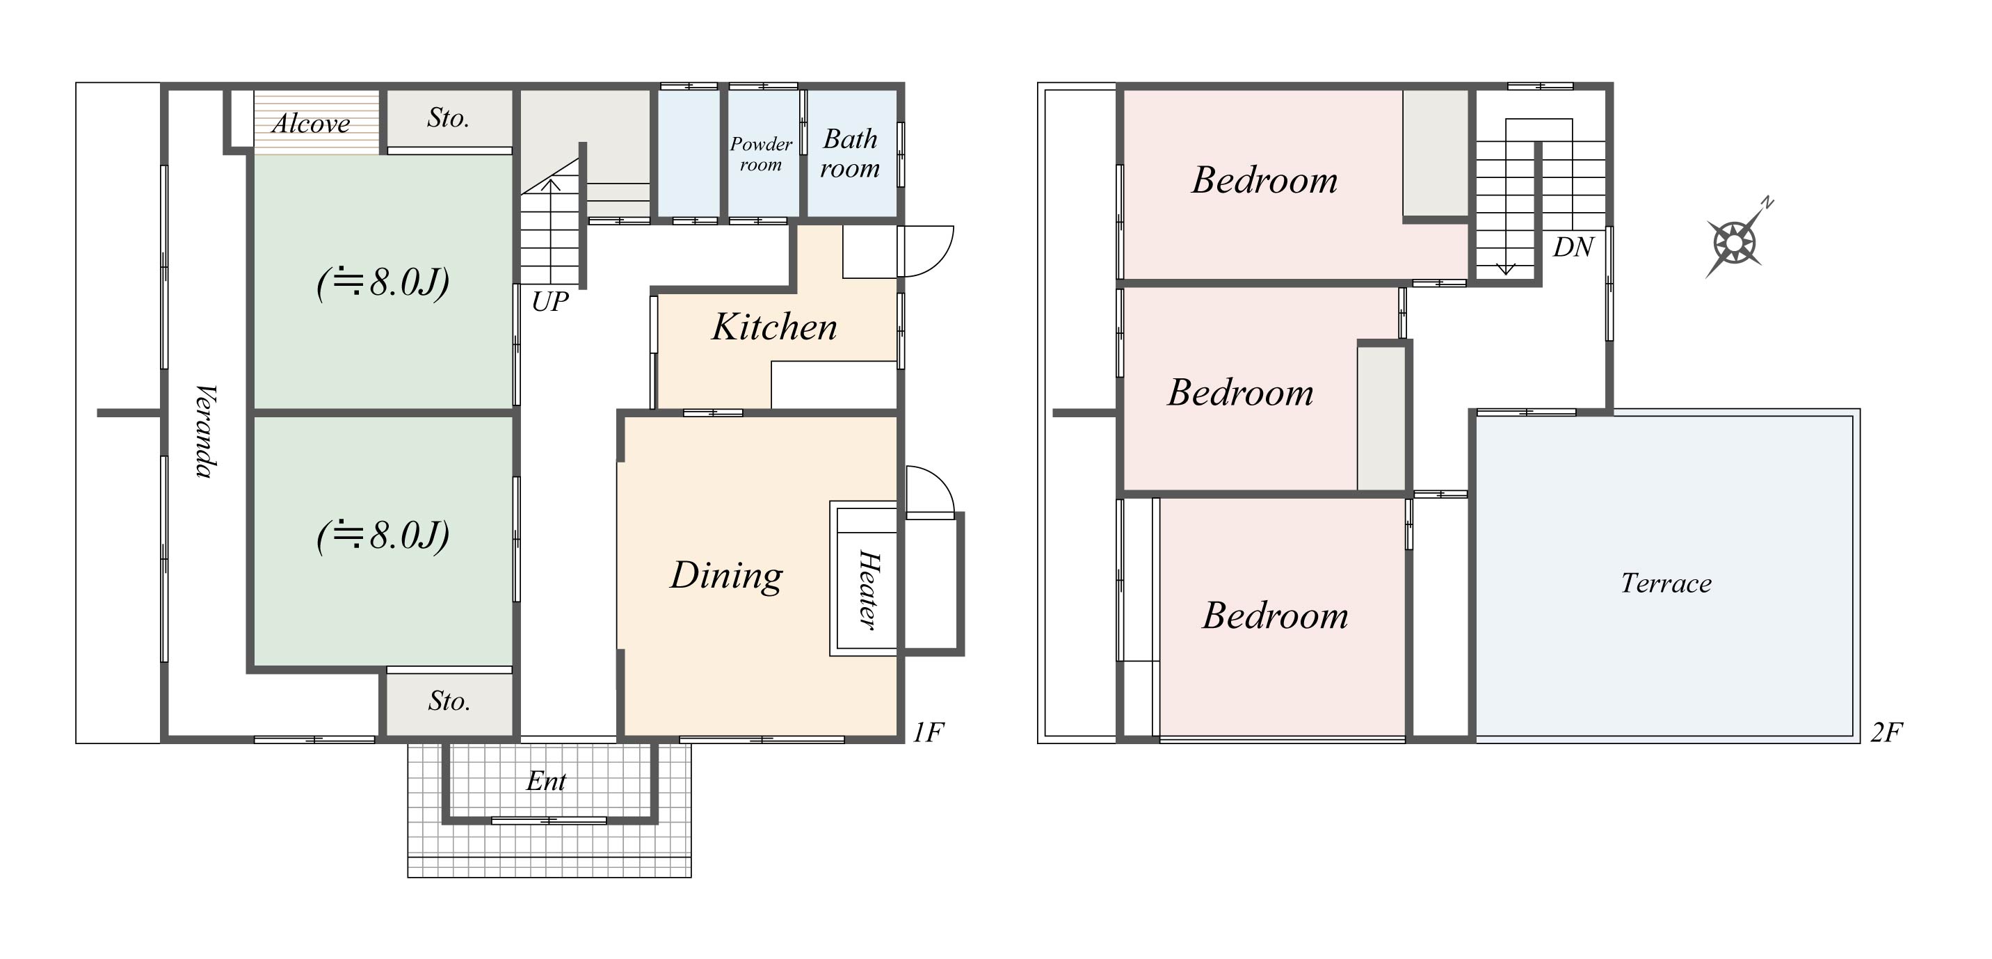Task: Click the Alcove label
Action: point(311,124)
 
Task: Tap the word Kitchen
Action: point(774,326)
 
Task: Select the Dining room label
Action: point(726,577)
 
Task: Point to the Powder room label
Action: point(761,154)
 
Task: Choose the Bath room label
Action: point(850,153)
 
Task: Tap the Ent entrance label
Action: point(546,781)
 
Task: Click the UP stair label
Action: point(549,302)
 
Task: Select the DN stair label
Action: point(1573,248)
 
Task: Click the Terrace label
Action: point(1666,583)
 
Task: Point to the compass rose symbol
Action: point(1736,241)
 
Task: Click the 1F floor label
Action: point(928,732)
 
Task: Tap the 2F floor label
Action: point(1886,732)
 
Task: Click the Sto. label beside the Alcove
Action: point(449,118)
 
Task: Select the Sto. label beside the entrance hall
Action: point(449,702)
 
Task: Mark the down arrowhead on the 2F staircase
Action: point(1506,269)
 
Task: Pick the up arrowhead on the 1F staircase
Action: point(549,185)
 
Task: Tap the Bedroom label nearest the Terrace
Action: point(1275,616)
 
